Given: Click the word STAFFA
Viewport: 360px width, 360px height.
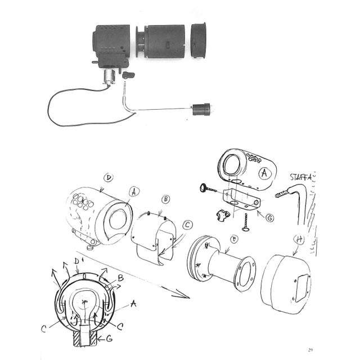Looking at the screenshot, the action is [x=301, y=177].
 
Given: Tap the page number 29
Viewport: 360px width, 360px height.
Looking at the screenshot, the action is [x=310, y=350].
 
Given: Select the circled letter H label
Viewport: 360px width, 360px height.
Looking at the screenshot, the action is [x=299, y=240].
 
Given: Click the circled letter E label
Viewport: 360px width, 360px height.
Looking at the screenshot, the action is [x=234, y=240].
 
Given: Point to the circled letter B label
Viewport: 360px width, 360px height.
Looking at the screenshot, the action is [x=166, y=199].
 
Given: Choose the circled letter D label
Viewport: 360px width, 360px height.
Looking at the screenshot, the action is [x=109, y=178].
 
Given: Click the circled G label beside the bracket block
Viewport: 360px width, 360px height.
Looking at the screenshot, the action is [x=269, y=218].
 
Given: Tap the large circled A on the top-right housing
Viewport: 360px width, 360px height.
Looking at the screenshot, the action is [x=264, y=173].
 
